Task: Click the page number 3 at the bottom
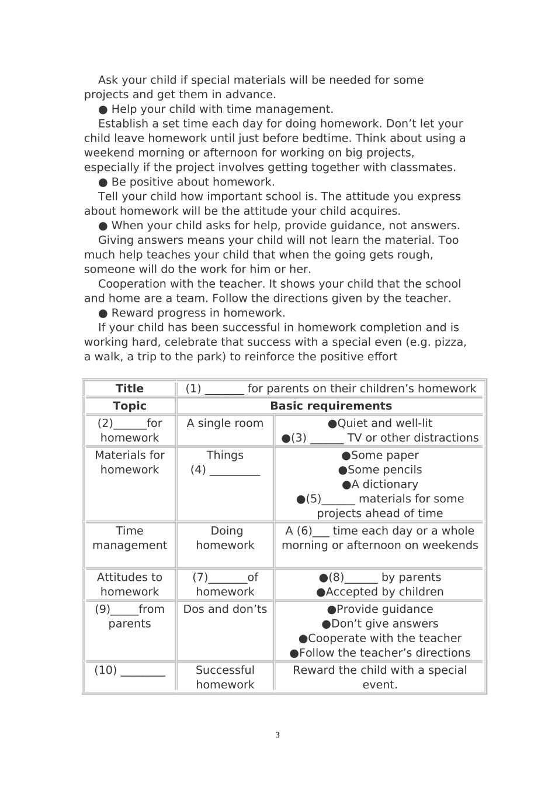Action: click(277, 735)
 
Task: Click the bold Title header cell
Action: click(130, 388)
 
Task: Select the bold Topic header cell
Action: click(130, 406)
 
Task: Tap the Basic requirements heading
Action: click(331, 406)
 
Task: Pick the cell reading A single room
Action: click(225, 423)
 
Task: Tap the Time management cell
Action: click(130, 538)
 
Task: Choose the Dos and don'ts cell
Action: click(225, 609)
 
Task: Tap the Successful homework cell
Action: click(225, 677)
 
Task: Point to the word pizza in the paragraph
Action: click(450, 342)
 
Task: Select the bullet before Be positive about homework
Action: click(103, 182)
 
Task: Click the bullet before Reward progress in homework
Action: click(103, 313)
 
